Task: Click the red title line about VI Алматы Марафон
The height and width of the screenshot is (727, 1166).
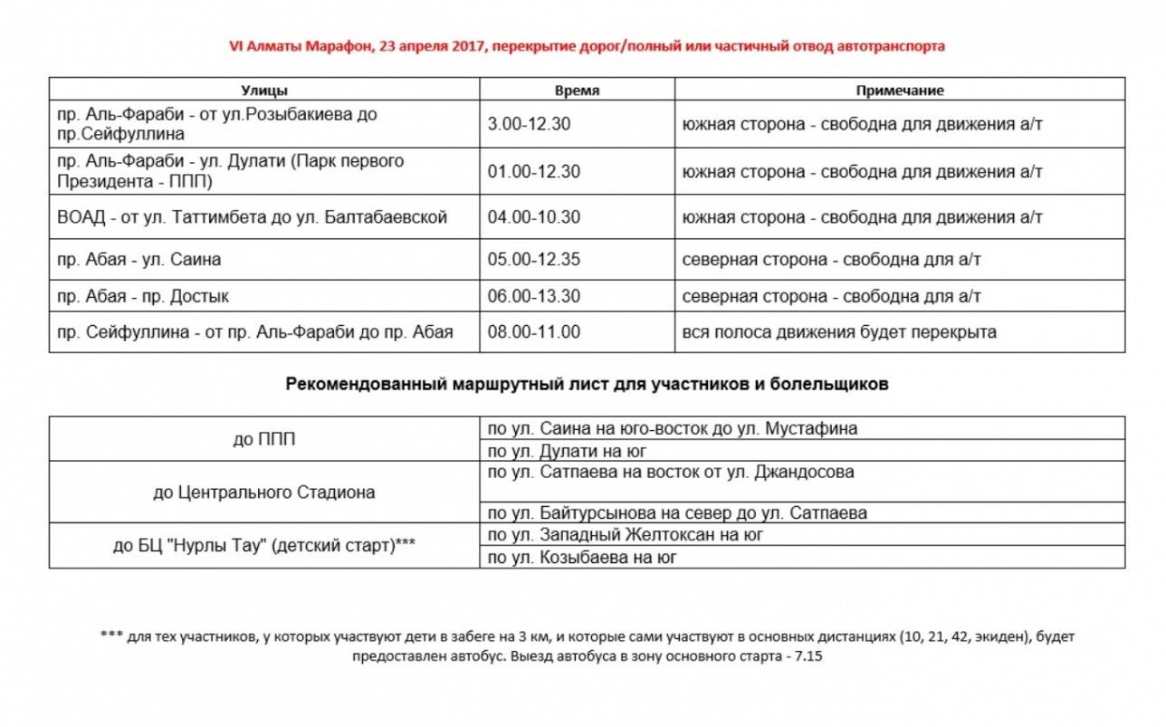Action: tap(582, 46)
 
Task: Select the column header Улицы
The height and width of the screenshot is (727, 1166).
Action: tap(264, 91)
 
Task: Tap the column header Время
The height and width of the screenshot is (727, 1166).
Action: tap(577, 91)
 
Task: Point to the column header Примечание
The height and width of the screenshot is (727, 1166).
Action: tap(899, 91)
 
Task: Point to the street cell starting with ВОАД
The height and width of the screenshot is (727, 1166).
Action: tap(252, 218)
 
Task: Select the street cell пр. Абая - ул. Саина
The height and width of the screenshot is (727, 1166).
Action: tap(139, 260)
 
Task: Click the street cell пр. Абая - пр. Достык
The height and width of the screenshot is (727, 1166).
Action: tap(143, 297)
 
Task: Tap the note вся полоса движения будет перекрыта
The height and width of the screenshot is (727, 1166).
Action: tap(839, 332)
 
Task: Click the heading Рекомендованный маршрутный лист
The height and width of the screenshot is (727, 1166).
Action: tap(587, 385)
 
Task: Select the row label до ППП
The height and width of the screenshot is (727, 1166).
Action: tap(264, 440)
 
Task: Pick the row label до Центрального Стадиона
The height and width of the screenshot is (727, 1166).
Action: tap(264, 493)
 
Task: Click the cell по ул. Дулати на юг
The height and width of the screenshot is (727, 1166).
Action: tap(568, 451)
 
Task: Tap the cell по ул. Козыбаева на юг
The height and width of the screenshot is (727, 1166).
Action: tap(582, 558)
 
